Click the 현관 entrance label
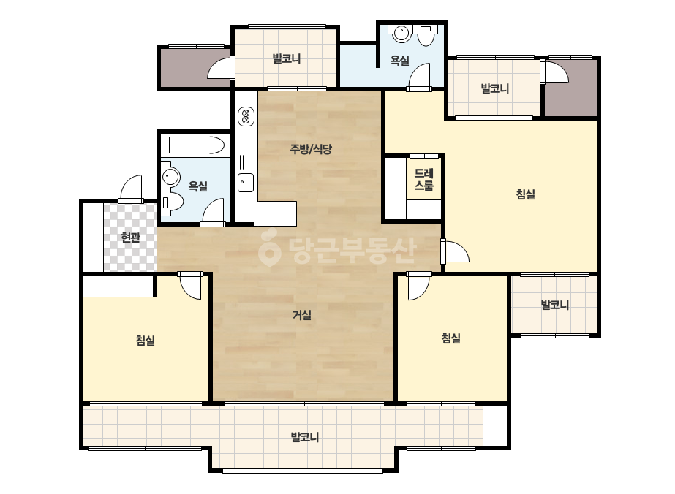click(130, 237)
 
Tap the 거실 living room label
click(302, 315)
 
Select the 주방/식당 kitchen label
click(311, 149)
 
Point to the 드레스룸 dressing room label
click(424, 180)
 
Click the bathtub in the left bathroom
click(196, 145)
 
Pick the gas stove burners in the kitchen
click(246, 115)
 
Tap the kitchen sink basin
click(246, 183)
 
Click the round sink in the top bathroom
click(401, 33)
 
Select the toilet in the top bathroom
click(425, 35)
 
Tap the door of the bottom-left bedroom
click(190, 285)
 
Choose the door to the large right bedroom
click(455, 251)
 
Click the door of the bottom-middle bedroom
click(418, 286)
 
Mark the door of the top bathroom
click(419, 77)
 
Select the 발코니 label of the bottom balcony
click(305, 438)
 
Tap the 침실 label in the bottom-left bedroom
click(146, 341)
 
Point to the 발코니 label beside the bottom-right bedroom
click(555, 305)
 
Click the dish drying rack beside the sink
click(246, 161)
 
